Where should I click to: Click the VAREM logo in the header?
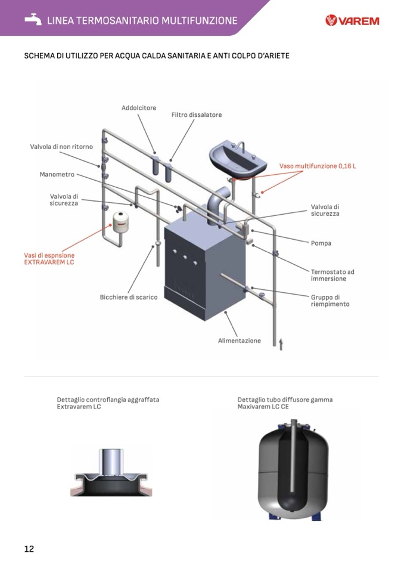352,21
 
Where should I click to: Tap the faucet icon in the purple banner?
33,20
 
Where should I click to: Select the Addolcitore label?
139,108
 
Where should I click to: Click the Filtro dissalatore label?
197,115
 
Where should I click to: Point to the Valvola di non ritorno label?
61,147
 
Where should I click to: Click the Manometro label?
57,175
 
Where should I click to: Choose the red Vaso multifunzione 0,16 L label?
318,166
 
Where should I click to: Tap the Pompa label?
321,243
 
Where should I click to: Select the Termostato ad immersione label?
332,275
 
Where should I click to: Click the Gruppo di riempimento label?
330,301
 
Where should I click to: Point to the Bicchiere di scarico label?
129,297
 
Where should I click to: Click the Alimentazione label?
239,341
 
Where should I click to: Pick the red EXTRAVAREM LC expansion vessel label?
49,258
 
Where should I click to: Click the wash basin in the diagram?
237,158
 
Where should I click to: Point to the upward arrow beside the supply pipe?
281,344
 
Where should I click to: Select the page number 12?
29,549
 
